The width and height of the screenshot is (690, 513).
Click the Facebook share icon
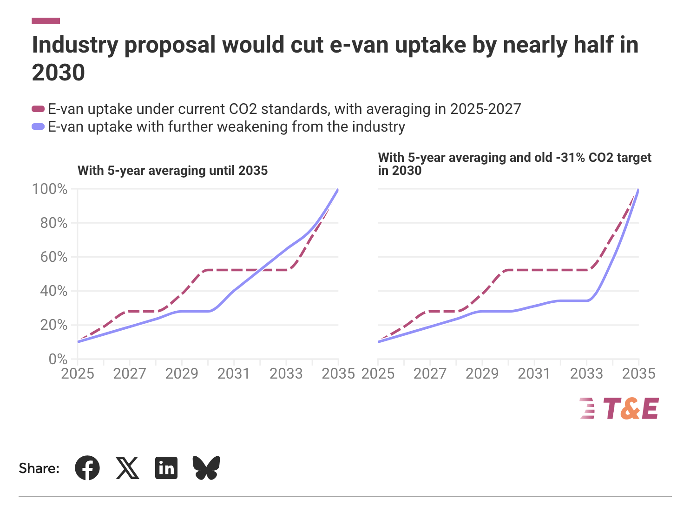coord(87,468)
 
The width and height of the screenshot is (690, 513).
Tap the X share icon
coord(127,468)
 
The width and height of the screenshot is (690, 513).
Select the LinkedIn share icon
coord(166,468)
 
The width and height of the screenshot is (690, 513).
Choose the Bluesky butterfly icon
coord(206,468)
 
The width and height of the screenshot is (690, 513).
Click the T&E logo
coord(619,409)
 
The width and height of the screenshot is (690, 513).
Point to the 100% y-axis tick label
coord(50,189)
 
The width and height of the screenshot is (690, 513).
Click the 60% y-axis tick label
coord(54,257)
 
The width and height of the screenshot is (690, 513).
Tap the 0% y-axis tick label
coord(58,359)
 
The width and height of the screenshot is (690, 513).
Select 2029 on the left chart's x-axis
coord(182,373)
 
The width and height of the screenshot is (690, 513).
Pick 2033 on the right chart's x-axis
coord(586,373)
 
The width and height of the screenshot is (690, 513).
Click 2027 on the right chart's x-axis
coord(430,373)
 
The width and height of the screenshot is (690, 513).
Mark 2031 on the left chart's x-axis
coord(234,373)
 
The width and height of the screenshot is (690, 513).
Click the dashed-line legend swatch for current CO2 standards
coord(38,109)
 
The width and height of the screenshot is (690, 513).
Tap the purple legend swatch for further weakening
coord(38,127)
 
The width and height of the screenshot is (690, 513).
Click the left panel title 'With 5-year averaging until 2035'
coord(173,171)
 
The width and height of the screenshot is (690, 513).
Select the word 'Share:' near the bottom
coord(39,468)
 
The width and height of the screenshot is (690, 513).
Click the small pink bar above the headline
coord(46,21)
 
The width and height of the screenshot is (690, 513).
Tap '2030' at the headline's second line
coord(59,73)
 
